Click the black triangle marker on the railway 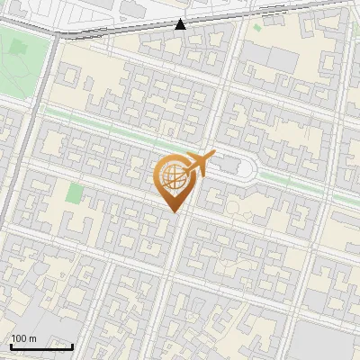[181, 24]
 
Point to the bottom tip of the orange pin [172, 211]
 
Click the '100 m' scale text [23, 338]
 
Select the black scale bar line [41, 346]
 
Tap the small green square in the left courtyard [74, 193]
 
